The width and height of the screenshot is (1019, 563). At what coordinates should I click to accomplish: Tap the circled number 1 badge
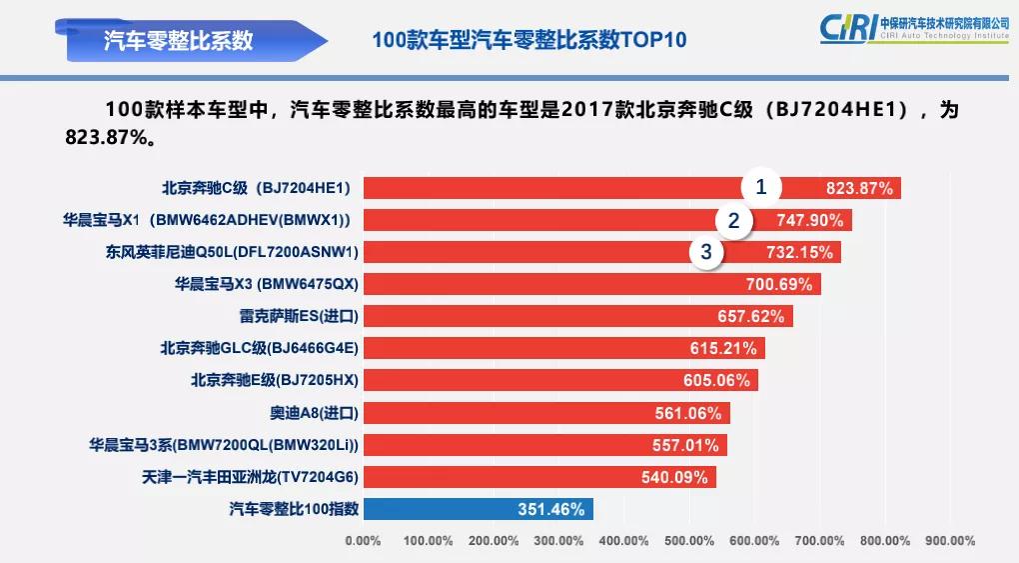pyautogui.click(x=760, y=187)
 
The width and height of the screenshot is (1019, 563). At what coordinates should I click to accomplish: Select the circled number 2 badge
pyautogui.click(x=733, y=221)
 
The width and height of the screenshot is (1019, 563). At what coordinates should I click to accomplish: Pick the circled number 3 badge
pyautogui.click(x=706, y=252)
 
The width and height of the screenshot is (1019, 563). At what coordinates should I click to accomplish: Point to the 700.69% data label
pyautogui.click(x=779, y=284)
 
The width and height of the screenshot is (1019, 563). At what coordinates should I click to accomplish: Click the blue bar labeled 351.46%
pyautogui.click(x=478, y=509)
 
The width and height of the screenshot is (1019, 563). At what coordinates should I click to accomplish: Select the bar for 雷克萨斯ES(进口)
pyautogui.click(x=577, y=316)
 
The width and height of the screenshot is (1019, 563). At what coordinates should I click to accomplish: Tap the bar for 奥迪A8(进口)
pyautogui.click(x=546, y=412)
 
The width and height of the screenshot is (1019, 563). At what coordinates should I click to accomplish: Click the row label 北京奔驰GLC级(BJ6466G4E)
pyautogui.click(x=259, y=348)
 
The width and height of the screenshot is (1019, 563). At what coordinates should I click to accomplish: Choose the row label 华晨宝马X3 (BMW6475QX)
pyautogui.click(x=266, y=284)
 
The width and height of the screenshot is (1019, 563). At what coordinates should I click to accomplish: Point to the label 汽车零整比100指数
pyautogui.click(x=293, y=509)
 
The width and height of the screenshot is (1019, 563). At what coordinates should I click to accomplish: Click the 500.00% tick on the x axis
pyautogui.click(x=688, y=541)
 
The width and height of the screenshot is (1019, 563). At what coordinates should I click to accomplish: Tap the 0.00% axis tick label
pyautogui.click(x=363, y=541)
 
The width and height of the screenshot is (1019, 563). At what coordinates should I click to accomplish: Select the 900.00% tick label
pyautogui.click(x=949, y=541)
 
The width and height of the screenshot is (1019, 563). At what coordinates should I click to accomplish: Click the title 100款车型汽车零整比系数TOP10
pyautogui.click(x=528, y=40)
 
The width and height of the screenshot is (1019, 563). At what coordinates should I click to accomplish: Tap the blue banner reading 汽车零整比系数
pyautogui.click(x=180, y=40)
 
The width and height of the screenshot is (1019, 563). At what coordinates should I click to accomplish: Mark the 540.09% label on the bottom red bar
pyautogui.click(x=674, y=477)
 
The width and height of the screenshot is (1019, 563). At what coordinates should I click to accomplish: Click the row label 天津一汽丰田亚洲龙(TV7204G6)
pyautogui.click(x=250, y=477)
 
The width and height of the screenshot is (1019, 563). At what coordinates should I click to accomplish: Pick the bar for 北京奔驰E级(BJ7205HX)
pyautogui.click(x=560, y=380)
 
